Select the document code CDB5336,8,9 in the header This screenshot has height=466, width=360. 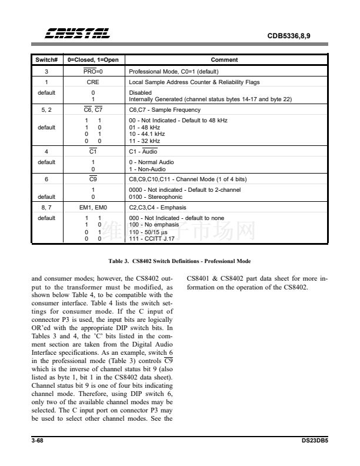pos(289,36)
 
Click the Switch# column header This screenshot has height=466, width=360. pos(46,60)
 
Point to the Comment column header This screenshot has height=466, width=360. pos(224,60)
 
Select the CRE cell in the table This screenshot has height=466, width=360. pos(93,82)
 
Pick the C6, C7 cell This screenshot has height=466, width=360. pos(93,110)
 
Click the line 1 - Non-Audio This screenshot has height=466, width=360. pos(147,169)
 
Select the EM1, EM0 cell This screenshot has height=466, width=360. pos(93,208)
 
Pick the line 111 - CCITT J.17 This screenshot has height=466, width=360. pos(152,239)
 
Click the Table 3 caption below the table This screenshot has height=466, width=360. pos(179,261)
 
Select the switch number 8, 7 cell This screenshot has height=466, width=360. pos(46,208)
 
